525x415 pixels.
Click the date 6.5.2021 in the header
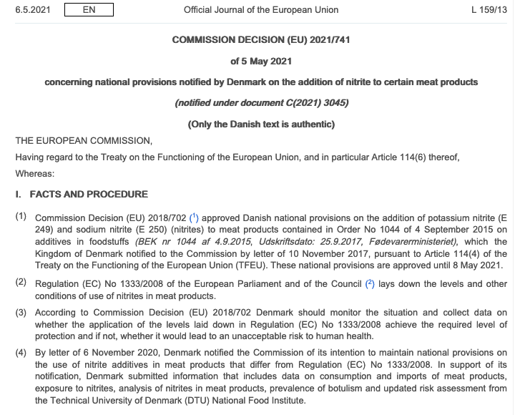[x=33, y=10]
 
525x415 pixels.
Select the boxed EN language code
[x=88, y=10]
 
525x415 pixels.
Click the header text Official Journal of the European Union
[x=261, y=10]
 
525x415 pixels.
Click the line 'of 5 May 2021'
[x=261, y=61]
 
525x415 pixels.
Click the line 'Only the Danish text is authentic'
[x=261, y=124]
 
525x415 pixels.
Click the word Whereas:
[x=35, y=173]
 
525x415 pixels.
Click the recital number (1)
[x=21, y=216]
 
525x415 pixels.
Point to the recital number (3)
[x=21, y=313]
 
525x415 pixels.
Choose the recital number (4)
[x=21, y=352]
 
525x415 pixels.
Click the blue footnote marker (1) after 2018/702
[x=193, y=216]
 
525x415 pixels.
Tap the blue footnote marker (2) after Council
[x=370, y=283]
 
